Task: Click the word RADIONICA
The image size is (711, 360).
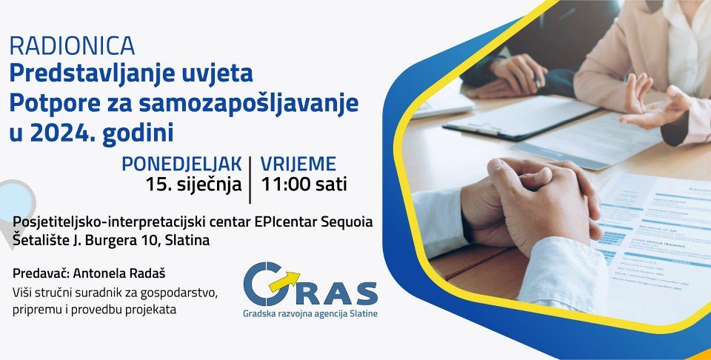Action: click(72, 45)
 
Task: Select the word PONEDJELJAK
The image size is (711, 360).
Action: click(182, 164)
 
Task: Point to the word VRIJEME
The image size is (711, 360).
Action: click(298, 164)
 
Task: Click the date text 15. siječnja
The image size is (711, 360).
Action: click(193, 185)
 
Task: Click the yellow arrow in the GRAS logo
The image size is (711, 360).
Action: click(284, 280)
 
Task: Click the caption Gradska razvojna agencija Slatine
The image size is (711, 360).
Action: click(310, 313)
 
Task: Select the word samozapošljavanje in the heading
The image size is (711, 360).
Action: click(249, 104)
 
